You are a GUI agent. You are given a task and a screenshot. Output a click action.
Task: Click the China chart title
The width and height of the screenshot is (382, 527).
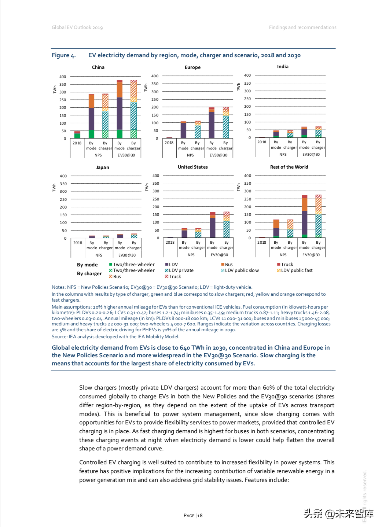point(98,67)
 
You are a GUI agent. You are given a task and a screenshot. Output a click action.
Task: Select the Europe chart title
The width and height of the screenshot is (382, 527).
point(192,67)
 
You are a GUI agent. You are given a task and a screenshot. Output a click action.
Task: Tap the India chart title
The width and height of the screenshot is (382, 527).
point(283,67)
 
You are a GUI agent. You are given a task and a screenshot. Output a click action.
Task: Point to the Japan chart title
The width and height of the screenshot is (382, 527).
point(103,167)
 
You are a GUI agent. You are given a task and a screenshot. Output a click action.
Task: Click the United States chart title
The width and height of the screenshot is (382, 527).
point(192,167)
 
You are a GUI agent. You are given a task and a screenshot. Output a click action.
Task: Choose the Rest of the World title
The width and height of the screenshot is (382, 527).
point(289,167)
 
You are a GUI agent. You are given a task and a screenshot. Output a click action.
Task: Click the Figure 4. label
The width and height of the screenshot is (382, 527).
point(63,55)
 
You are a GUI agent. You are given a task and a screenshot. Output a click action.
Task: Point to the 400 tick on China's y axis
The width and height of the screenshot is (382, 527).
point(63,77)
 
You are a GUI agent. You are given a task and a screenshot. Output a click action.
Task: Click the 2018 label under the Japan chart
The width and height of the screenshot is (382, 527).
point(78,243)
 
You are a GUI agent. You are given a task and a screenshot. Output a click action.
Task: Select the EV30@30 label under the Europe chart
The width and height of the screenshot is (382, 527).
point(218,155)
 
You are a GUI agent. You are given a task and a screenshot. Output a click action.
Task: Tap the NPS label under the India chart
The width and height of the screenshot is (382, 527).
point(283,155)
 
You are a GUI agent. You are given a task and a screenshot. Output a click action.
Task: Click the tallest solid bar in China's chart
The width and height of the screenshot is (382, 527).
point(120,110)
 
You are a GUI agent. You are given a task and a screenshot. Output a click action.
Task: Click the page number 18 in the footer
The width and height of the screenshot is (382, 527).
point(200,516)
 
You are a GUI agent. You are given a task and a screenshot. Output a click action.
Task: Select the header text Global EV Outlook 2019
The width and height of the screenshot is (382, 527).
point(77,27)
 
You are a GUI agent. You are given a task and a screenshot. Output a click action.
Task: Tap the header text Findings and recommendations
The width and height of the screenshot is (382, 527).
point(302,27)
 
